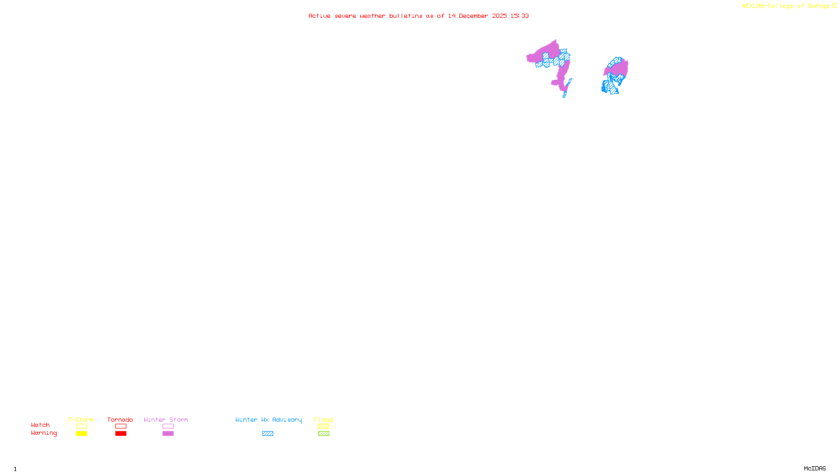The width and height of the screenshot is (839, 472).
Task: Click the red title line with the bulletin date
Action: (x=418, y=16)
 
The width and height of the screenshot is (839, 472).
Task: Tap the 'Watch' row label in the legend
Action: (x=40, y=425)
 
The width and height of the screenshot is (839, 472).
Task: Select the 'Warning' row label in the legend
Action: (x=44, y=433)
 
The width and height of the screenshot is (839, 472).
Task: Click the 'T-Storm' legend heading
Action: (x=81, y=420)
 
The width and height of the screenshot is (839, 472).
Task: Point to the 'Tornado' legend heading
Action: (x=120, y=420)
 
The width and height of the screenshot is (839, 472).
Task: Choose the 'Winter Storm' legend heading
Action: (x=166, y=420)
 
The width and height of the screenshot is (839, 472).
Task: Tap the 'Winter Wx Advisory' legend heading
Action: (x=268, y=420)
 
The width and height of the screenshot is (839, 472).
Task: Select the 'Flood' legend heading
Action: (x=324, y=420)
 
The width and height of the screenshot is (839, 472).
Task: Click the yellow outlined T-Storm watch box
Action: (x=81, y=426)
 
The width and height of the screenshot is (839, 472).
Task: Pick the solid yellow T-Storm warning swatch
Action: (x=81, y=434)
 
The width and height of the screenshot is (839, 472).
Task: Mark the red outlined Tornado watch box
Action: (x=121, y=426)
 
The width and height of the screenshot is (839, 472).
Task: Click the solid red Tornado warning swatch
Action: (x=121, y=434)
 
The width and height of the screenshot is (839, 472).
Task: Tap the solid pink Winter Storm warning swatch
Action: (x=168, y=434)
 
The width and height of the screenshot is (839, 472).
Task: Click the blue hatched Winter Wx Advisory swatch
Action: (x=267, y=434)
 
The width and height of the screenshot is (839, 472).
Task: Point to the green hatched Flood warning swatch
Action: (x=324, y=434)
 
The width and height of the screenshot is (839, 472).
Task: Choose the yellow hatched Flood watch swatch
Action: (x=324, y=426)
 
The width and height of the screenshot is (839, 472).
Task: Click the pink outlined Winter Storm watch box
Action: (x=168, y=426)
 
